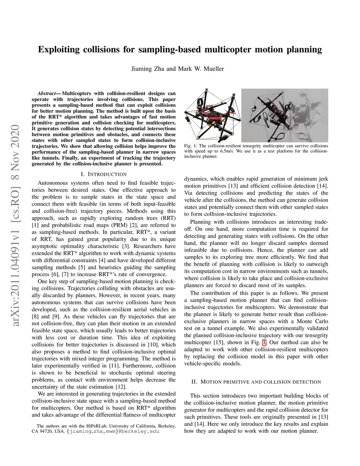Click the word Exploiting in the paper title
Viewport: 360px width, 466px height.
coord(59,50)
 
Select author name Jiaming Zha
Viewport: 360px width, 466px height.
coord(148,69)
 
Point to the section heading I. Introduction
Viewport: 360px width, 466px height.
coord(104,174)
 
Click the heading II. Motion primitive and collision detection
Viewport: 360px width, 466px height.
coord(256,382)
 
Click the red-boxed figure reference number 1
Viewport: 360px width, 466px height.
coord(264,342)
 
